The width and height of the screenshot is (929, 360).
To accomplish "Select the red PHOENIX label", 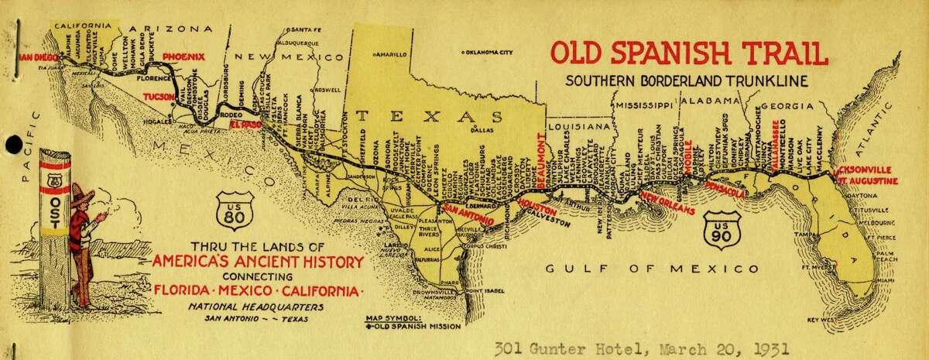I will click(183, 57).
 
